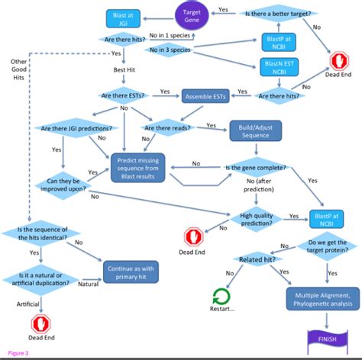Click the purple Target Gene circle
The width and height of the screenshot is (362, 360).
(192, 14)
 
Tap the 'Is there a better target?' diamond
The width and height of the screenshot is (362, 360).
(281, 13)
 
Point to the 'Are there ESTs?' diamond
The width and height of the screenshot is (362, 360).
(124, 95)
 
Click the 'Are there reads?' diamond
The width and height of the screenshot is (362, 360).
(169, 128)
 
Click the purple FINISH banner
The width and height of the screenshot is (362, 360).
(325, 336)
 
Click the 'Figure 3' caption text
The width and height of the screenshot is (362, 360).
(16, 352)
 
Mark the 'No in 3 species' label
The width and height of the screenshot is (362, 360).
(169, 50)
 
